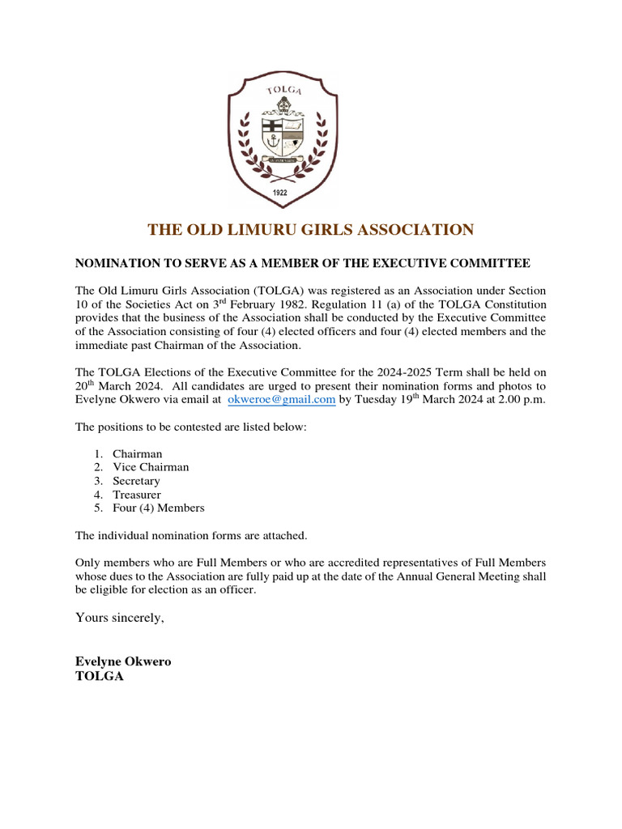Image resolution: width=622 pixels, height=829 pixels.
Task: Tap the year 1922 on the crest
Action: click(x=281, y=193)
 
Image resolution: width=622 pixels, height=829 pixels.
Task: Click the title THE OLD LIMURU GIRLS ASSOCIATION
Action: click(x=310, y=230)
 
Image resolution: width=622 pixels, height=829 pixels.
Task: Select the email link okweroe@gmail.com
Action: click(x=281, y=400)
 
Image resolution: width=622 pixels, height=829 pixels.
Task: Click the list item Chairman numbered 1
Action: click(x=137, y=453)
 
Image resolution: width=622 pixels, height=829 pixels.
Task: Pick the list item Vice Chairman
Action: click(x=151, y=467)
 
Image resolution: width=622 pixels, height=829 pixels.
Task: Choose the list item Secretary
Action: click(x=136, y=481)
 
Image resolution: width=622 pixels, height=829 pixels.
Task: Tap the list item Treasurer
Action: click(x=136, y=495)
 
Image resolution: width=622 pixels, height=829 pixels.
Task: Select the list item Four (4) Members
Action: click(x=158, y=508)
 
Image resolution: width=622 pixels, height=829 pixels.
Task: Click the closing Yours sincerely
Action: click(x=119, y=618)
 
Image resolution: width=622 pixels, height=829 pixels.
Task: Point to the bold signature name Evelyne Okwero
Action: click(x=123, y=661)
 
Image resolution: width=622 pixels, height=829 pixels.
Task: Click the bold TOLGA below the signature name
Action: click(x=99, y=676)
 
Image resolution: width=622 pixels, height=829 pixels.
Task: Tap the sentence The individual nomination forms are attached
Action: click(x=191, y=536)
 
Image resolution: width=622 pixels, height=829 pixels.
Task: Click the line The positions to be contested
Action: click(x=191, y=427)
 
